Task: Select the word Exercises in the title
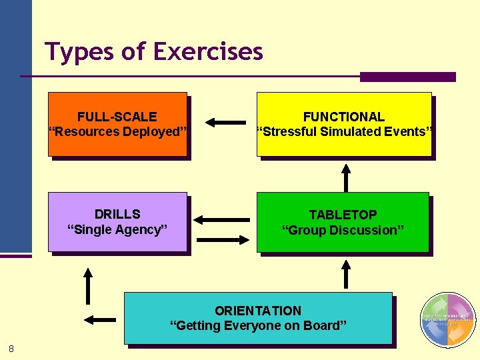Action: click(208, 52)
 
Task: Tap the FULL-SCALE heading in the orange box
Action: click(117, 117)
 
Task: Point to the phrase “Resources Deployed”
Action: click(117, 131)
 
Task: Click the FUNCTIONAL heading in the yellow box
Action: click(344, 117)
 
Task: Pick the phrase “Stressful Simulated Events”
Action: click(345, 131)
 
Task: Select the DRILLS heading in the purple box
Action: click(117, 214)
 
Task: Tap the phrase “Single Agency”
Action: click(117, 229)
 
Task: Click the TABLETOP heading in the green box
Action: click(343, 215)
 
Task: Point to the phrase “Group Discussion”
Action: click(343, 230)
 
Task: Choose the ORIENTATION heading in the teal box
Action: click(258, 311)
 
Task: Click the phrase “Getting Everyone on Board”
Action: click(258, 325)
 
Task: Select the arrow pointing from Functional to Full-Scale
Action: click(225, 122)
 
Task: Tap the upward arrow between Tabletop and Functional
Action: click(345, 177)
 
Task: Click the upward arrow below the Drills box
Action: click(87, 285)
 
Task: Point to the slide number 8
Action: click(12, 348)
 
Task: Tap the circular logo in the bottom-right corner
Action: click(448, 320)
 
